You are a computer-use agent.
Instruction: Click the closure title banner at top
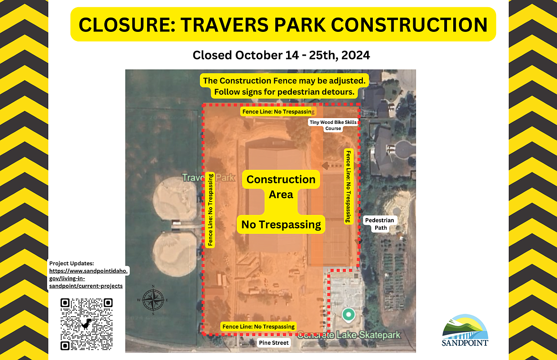coord(283,24)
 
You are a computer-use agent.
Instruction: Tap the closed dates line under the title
coord(281,55)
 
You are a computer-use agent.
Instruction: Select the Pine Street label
coord(274,343)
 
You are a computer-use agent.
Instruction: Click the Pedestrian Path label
coord(379,224)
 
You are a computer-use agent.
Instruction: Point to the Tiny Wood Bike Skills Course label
coord(333,125)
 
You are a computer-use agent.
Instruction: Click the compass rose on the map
coord(153,300)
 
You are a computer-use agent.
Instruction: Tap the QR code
coord(87,324)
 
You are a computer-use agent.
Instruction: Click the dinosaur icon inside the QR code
coord(87,324)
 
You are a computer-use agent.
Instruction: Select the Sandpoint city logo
coord(465,330)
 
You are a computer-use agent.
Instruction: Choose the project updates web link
coord(88,278)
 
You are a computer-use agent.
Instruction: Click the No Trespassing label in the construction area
coord(281,224)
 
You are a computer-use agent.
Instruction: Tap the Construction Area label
coord(281,187)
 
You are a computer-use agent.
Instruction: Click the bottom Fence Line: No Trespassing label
coord(259,327)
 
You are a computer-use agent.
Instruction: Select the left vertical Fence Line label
coord(210,210)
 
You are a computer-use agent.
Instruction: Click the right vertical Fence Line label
coord(348,186)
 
